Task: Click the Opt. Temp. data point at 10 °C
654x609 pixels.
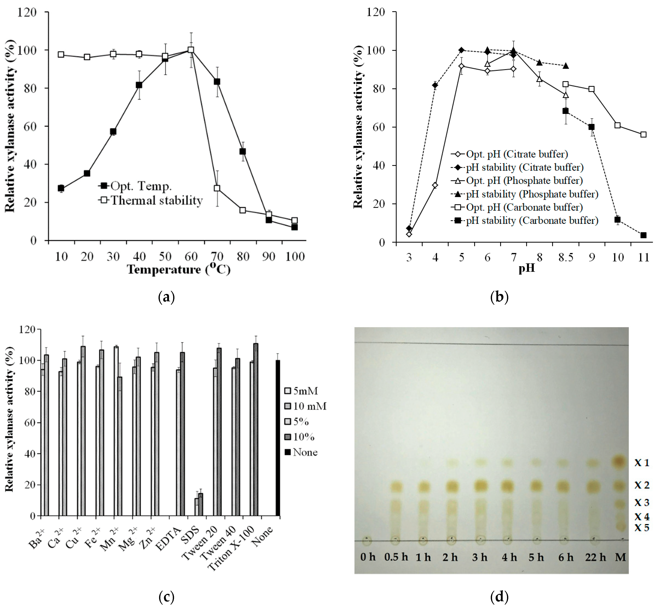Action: pyautogui.click(x=61, y=188)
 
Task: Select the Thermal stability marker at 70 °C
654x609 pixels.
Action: pyautogui.click(x=217, y=188)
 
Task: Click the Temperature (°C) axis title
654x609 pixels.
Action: pyautogui.click(x=179, y=269)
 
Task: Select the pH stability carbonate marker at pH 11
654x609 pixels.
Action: pyautogui.click(x=644, y=235)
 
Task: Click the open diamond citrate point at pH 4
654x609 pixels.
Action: pyautogui.click(x=435, y=185)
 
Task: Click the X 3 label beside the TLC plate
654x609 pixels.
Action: pyautogui.click(x=642, y=502)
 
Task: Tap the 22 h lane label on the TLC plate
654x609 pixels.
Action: pyautogui.click(x=595, y=557)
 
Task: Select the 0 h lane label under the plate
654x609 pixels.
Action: pyautogui.click(x=368, y=557)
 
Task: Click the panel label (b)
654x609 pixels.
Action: pyautogui.click(x=499, y=297)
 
